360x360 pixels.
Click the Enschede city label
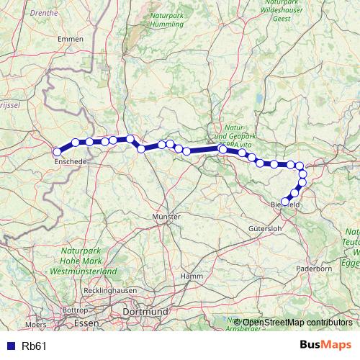click(71, 163)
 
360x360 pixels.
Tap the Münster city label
click(166, 216)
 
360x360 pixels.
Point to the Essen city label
click(86, 323)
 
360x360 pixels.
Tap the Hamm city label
click(193, 276)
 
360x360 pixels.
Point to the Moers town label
click(35, 325)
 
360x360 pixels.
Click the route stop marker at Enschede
click(57, 152)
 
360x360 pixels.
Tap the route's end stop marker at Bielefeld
click(286, 202)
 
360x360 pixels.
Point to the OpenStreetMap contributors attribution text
click(293, 322)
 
